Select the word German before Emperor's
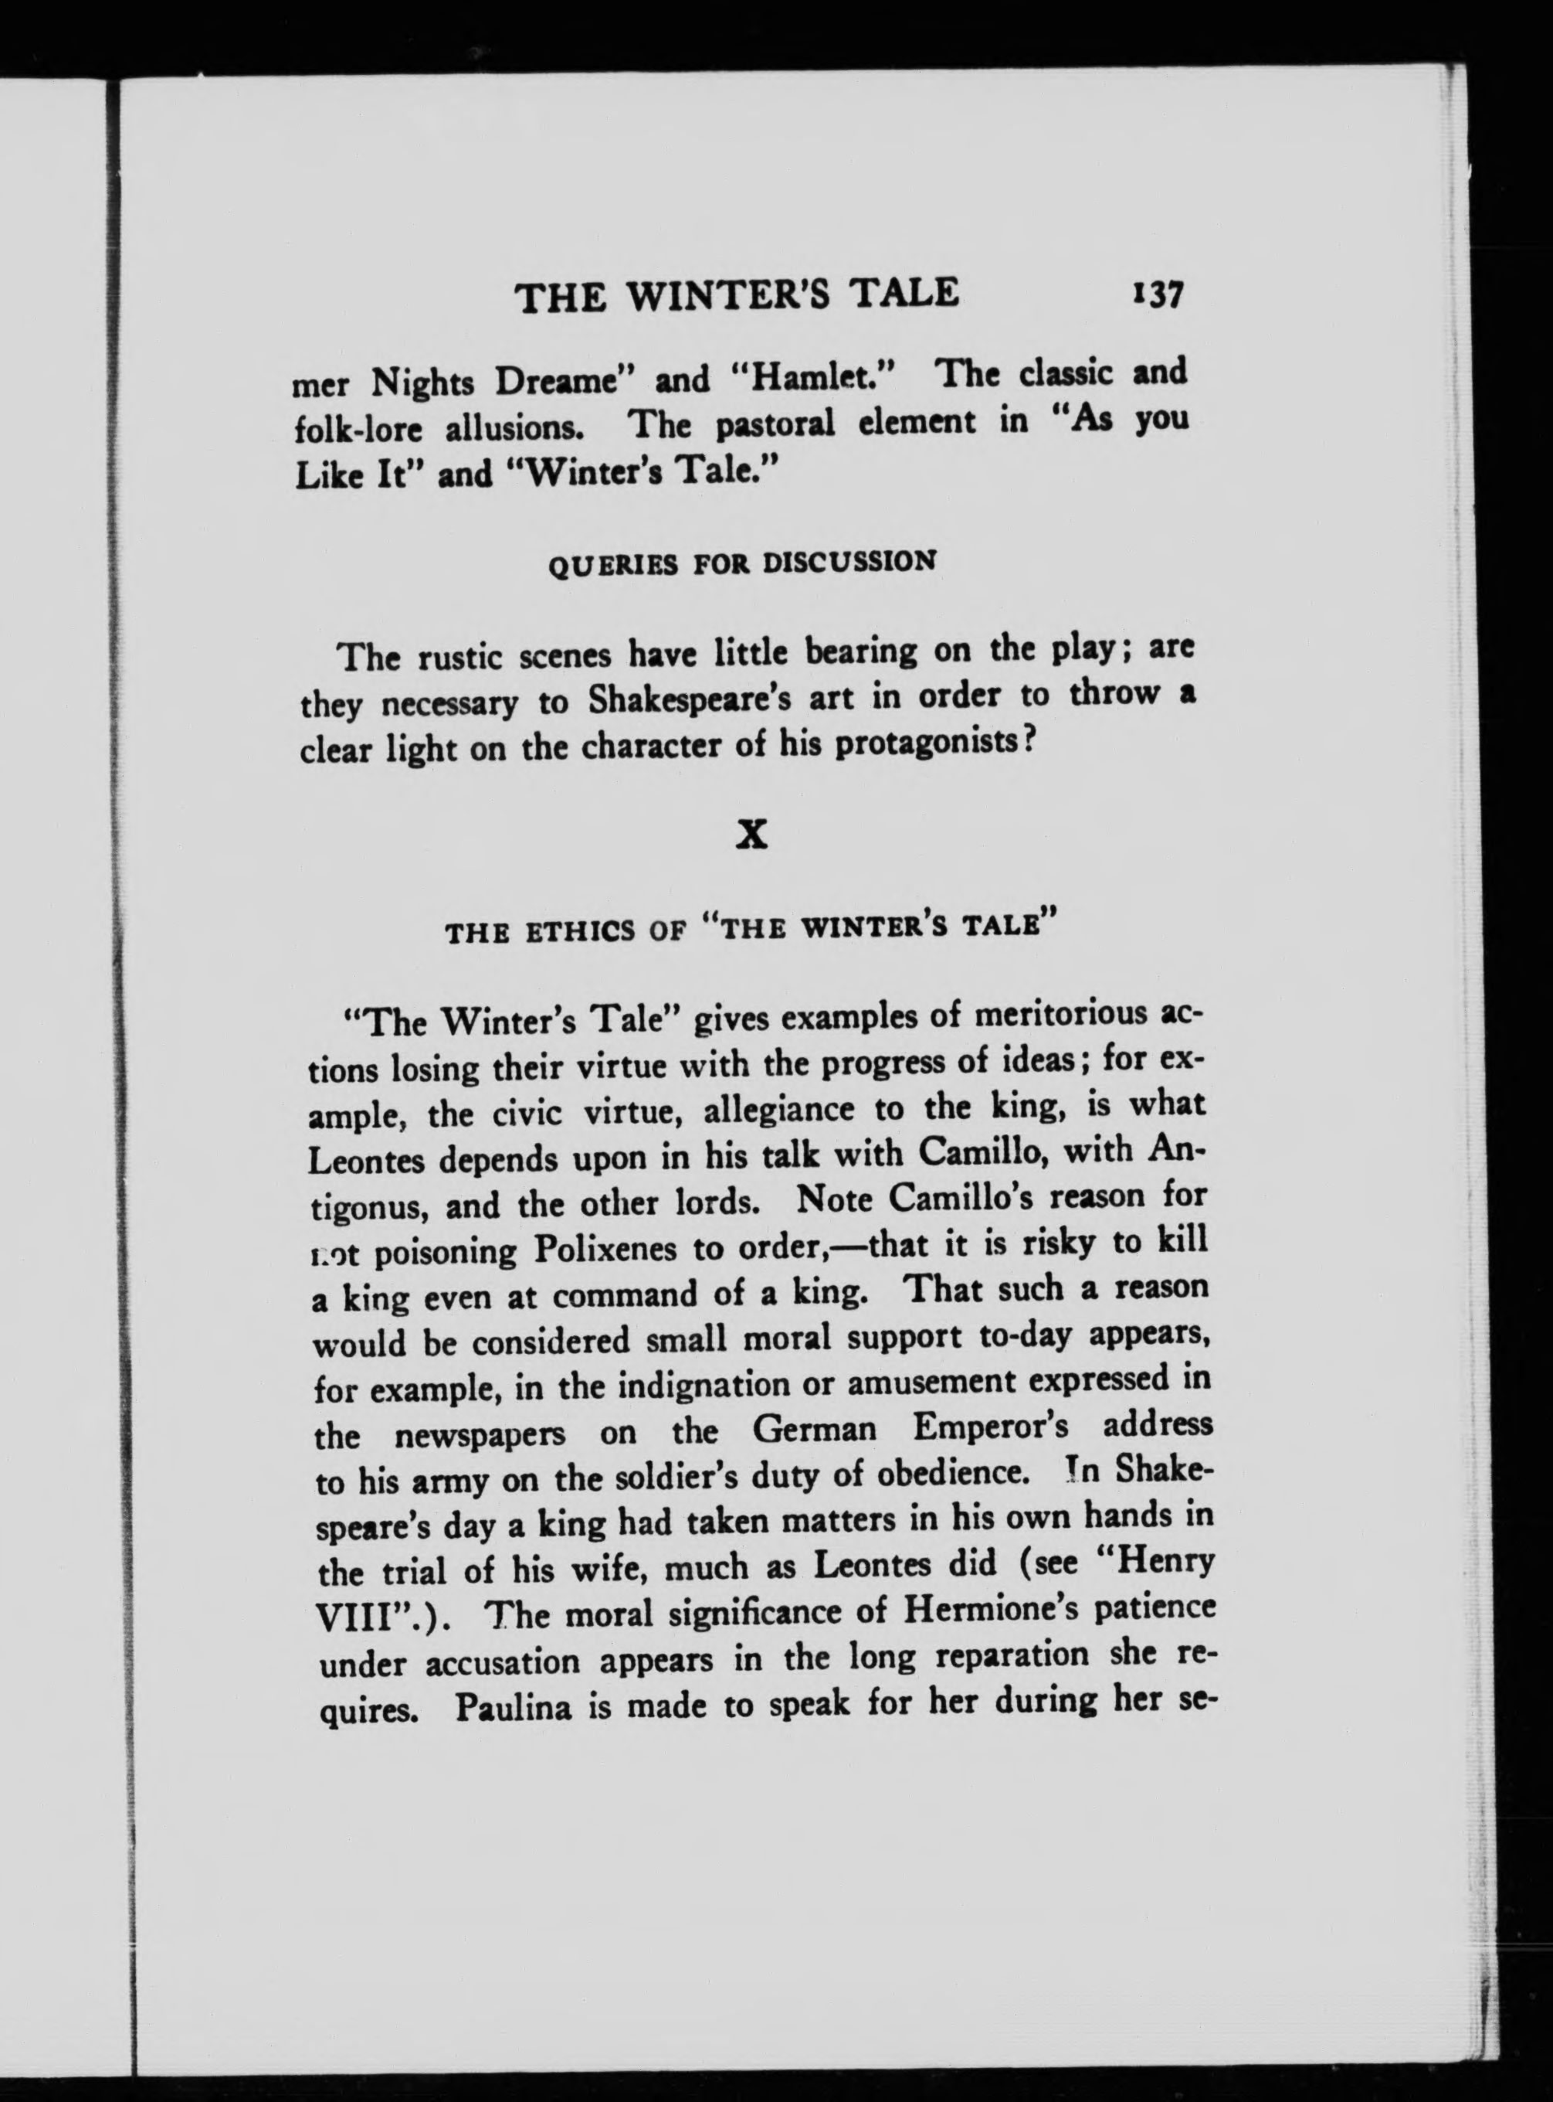click(x=814, y=1430)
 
